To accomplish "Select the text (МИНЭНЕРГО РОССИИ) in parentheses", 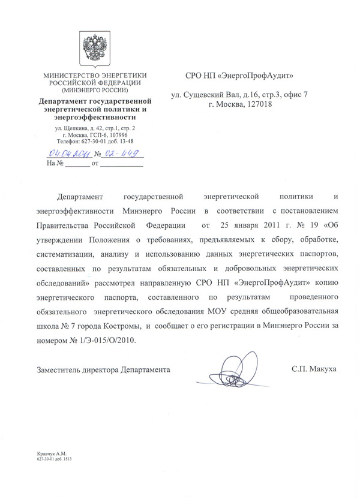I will pyautogui.click(x=95, y=89).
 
